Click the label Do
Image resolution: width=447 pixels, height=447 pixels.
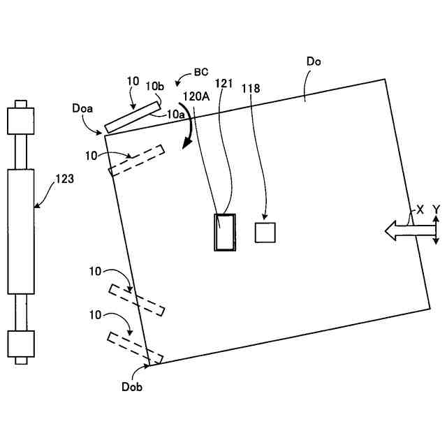[x=314, y=61]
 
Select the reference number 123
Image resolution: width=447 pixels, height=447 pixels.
[x=64, y=179]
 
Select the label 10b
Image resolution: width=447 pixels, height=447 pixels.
[x=154, y=85]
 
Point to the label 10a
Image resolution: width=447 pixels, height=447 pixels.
[x=176, y=112]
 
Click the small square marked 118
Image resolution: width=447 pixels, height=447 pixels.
[x=265, y=232]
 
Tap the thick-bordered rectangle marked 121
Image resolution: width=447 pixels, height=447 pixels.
[x=225, y=231]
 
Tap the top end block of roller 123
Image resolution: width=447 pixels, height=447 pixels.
[x=20, y=122]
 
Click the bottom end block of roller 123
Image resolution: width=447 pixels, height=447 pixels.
[x=20, y=344]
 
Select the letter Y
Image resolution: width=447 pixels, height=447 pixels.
[x=436, y=209]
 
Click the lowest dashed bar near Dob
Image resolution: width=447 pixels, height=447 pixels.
[x=135, y=348]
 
